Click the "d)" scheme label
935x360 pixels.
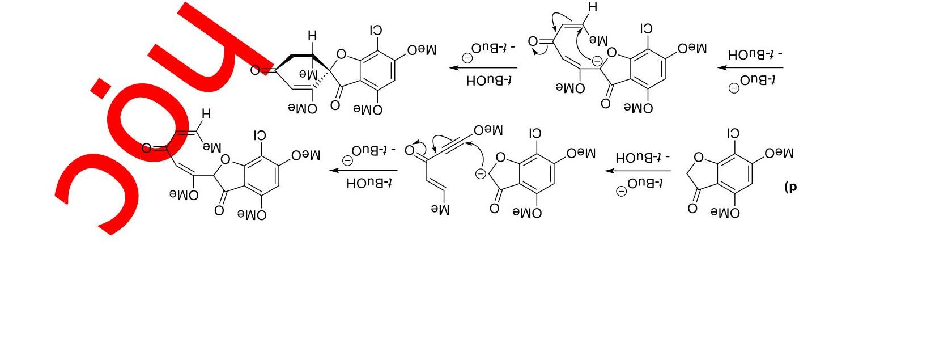[x=790, y=187]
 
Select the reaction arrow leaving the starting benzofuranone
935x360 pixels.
[x=637, y=170]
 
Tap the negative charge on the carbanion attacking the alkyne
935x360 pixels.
[x=481, y=173]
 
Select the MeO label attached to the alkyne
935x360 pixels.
[x=488, y=130]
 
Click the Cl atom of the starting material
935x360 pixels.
[x=733, y=134]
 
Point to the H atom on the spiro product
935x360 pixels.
[x=312, y=36]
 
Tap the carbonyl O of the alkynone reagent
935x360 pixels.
[x=410, y=151]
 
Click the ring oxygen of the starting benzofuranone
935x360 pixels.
[x=698, y=158]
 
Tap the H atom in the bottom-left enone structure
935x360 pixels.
[x=206, y=114]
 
